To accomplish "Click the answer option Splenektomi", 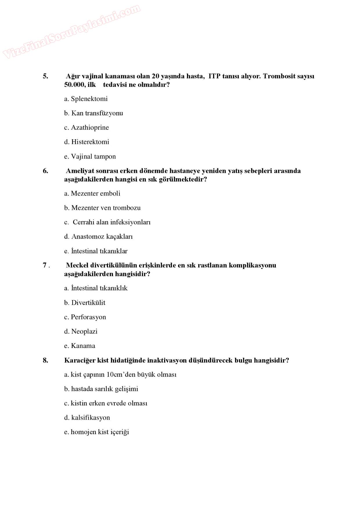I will (86, 99).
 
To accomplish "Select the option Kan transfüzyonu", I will (93, 113).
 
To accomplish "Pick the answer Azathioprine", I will (87, 127).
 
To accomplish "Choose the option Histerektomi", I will (87, 142).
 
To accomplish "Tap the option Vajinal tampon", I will (90, 156).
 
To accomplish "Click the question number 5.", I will (46, 76).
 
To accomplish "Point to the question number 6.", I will (46, 171).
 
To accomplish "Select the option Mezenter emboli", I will (92, 193).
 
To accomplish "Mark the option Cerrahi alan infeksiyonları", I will (108, 222).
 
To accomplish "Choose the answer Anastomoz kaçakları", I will (98, 237).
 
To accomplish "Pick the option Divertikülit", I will (85, 303).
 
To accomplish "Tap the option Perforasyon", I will (85, 317).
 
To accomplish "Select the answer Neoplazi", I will (81, 331).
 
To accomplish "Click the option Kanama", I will (80, 346).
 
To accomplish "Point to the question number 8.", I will (46, 360).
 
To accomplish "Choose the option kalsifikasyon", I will (87, 418).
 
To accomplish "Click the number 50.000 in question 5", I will (75, 85).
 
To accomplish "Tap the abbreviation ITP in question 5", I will (214, 76).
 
